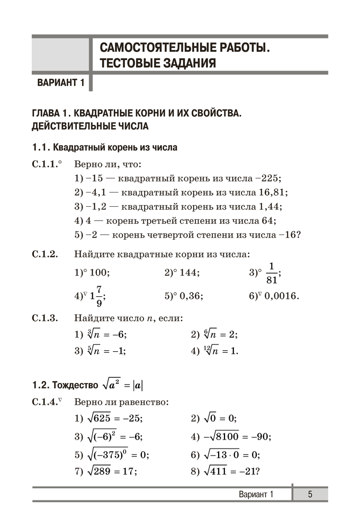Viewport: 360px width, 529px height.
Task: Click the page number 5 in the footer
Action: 310,494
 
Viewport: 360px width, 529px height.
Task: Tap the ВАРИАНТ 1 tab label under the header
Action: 61,83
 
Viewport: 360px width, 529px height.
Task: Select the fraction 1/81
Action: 273,273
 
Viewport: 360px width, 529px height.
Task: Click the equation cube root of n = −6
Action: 105,334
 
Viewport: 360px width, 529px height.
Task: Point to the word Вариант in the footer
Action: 251,494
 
